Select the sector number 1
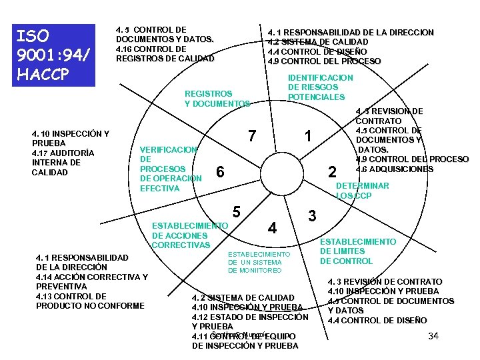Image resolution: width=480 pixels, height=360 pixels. click(x=307, y=136)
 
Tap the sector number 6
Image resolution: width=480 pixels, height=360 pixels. click(x=221, y=173)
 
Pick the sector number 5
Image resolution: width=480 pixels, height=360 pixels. click(x=237, y=213)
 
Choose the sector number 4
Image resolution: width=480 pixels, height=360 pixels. click(x=272, y=227)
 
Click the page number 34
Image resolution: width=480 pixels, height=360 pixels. click(x=433, y=335)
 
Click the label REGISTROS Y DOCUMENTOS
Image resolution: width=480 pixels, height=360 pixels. click(x=217, y=99)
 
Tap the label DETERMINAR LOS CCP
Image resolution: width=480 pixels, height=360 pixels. click(x=362, y=191)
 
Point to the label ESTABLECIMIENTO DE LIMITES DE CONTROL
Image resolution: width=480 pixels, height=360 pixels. click(x=358, y=251)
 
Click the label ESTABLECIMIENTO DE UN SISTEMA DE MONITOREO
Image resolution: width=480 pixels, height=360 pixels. click(x=259, y=263)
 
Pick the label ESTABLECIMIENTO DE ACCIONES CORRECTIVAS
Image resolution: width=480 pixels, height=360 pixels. click(x=189, y=235)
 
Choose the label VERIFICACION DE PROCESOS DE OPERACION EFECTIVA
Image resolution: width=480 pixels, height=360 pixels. click(x=171, y=169)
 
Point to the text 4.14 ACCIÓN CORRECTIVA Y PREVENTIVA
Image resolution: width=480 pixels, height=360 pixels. click(x=91, y=281)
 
